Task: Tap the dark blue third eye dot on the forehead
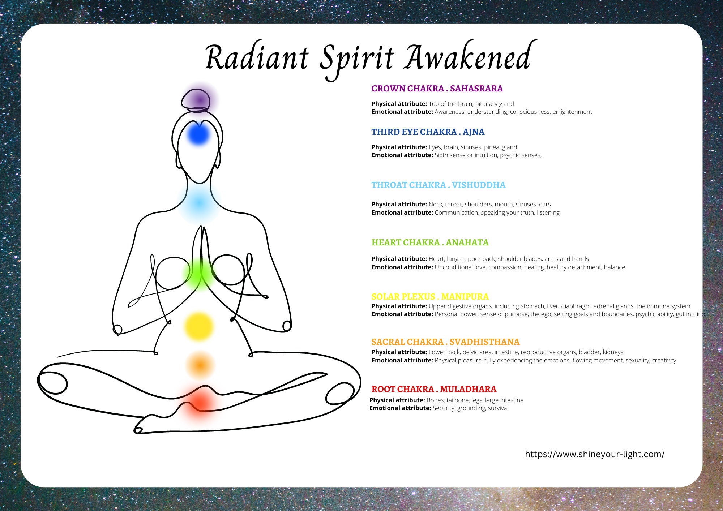198,134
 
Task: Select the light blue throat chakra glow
199,203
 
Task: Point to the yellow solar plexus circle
199,326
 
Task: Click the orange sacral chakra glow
200,365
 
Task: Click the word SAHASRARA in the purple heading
476,89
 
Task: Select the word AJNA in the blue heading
474,132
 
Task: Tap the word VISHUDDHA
479,185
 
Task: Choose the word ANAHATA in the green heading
467,242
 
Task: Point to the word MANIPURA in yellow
465,297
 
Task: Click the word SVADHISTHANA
485,342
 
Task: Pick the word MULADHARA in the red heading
468,389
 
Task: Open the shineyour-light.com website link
595,454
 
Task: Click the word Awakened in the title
470,58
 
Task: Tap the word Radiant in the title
257,58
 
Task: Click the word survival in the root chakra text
498,408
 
